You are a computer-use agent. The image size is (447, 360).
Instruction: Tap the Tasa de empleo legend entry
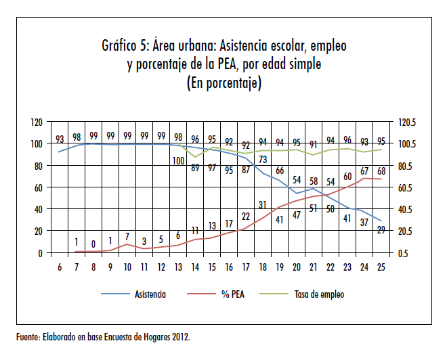pos(319,294)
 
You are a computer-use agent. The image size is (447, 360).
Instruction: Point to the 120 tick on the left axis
pos(37,122)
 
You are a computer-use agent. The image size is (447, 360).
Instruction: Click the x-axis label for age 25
pos(381,267)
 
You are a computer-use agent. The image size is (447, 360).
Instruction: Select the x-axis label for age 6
pos(60,267)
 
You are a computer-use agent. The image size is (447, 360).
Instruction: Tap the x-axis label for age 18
pos(263,267)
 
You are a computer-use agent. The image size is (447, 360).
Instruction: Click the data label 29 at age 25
pos(381,231)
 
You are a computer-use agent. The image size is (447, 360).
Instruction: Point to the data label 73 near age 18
pos(263,160)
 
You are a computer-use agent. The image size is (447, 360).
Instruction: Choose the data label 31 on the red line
pos(263,204)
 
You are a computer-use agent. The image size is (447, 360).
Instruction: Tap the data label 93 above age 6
pos(60,139)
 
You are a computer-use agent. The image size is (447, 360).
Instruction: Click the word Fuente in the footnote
pos(29,336)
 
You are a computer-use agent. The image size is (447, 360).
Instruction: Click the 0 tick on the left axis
pos(41,253)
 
